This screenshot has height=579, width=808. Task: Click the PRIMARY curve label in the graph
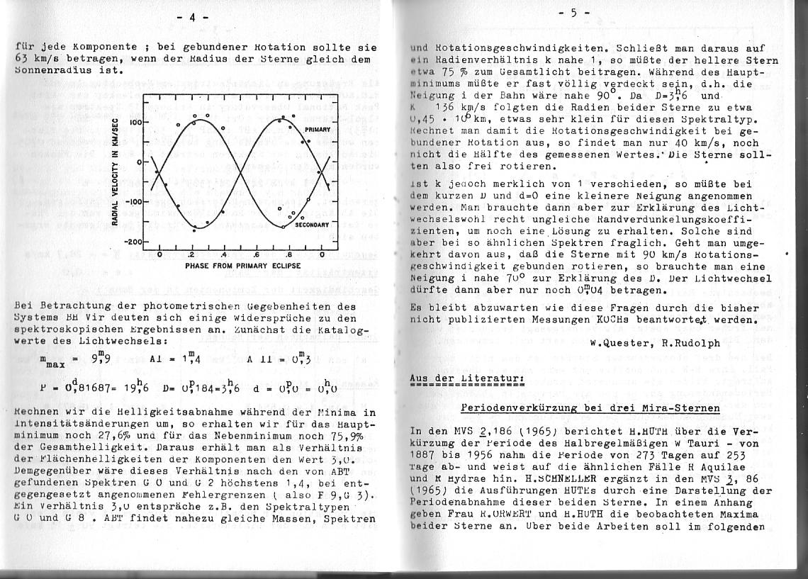pos(318,130)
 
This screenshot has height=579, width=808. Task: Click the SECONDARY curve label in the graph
pos(312,224)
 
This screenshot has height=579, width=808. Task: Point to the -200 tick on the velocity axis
pos(133,242)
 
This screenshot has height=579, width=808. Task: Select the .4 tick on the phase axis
pos(223,255)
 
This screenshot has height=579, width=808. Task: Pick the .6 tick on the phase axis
pos(256,255)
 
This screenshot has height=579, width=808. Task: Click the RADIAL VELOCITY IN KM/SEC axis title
pos(116,171)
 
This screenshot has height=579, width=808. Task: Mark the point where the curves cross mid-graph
pos(240,172)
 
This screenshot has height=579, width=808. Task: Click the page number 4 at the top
pos(191,17)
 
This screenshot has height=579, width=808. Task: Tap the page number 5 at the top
pos(573,13)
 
